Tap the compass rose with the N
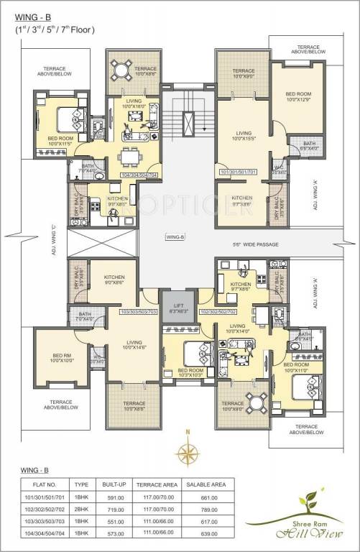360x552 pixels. [x=189, y=452]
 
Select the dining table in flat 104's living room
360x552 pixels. [x=130, y=155]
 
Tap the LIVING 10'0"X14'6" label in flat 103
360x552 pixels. [x=134, y=345]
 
